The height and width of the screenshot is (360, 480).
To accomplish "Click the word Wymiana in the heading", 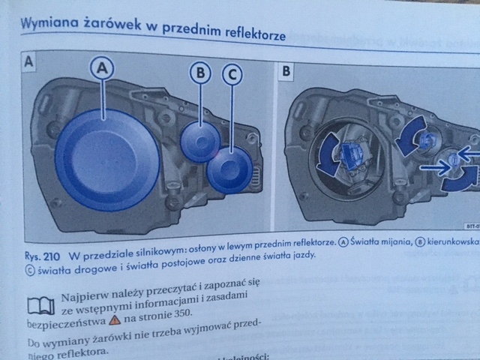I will tap(46, 23).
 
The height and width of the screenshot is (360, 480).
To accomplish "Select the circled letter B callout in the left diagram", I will tap(199, 73).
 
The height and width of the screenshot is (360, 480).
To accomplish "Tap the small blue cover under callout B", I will tap(202, 139).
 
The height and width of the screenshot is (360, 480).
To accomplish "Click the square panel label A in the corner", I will tap(28, 61).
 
